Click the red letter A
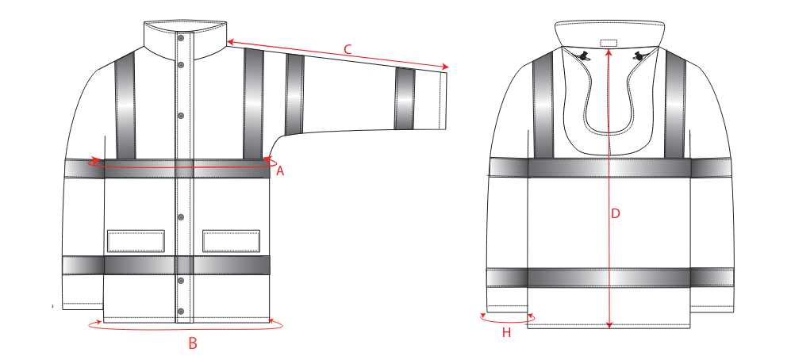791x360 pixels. pyautogui.click(x=280, y=171)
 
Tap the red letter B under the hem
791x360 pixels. pyautogui.click(x=192, y=343)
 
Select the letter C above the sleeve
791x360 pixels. pyautogui.click(x=348, y=49)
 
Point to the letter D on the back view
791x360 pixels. pyautogui.click(x=615, y=214)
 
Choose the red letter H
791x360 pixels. pyautogui.click(x=506, y=333)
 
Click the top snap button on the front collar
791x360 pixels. pyautogui.click(x=181, y=36)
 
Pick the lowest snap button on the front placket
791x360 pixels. pyautogui.click(x=181, y=311)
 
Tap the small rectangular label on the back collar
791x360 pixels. pyautogui.click(x=609, y=43)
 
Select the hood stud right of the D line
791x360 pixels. pyautogui.click(x=638, y=57)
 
